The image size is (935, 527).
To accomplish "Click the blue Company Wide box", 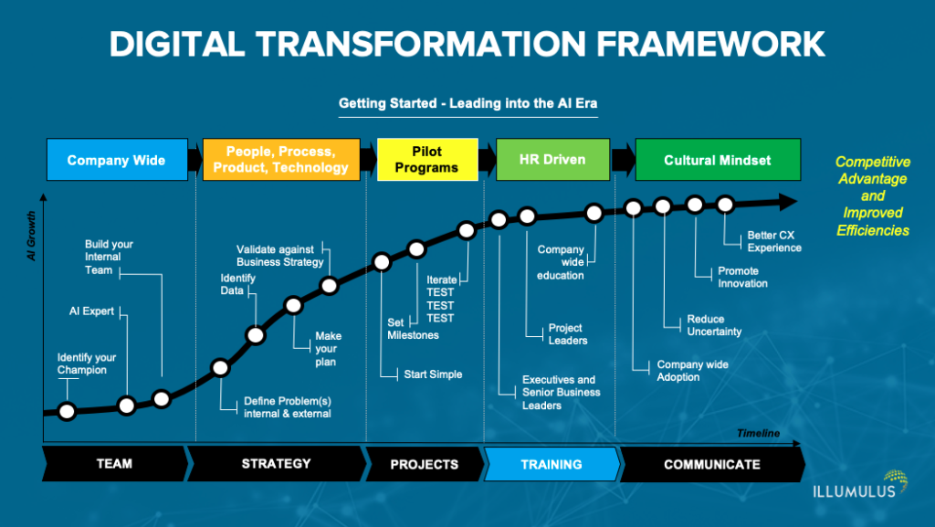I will [x=116, y=160].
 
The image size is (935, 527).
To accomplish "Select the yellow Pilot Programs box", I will [x=427, y=160].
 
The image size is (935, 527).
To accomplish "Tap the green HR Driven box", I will [x=552, y=160].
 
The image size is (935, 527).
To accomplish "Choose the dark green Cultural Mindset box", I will [x=717, y=160].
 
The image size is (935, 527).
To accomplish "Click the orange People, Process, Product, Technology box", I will [x=280, y=160].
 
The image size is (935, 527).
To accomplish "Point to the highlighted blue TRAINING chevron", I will [x=551, y=464].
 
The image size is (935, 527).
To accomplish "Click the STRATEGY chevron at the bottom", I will [x=276, y=464].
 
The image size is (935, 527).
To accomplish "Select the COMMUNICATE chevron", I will [x=711, y=464].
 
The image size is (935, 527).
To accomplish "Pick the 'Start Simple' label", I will [x=433, y=374].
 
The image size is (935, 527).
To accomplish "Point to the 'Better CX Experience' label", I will [x=774, y=241].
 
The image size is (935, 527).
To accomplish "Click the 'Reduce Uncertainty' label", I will [x=714, y=325].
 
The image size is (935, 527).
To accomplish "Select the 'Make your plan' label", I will [x=328, y=349].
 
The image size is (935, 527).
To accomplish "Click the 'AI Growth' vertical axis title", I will [x=32, y=236].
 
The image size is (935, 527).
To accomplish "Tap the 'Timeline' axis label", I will [x=758, y=433].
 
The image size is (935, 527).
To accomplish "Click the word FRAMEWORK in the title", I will [x=680, y=43].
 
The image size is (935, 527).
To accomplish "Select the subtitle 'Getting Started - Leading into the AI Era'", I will [x=467, y=103].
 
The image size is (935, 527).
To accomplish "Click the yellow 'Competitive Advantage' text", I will [x=873, y=170].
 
